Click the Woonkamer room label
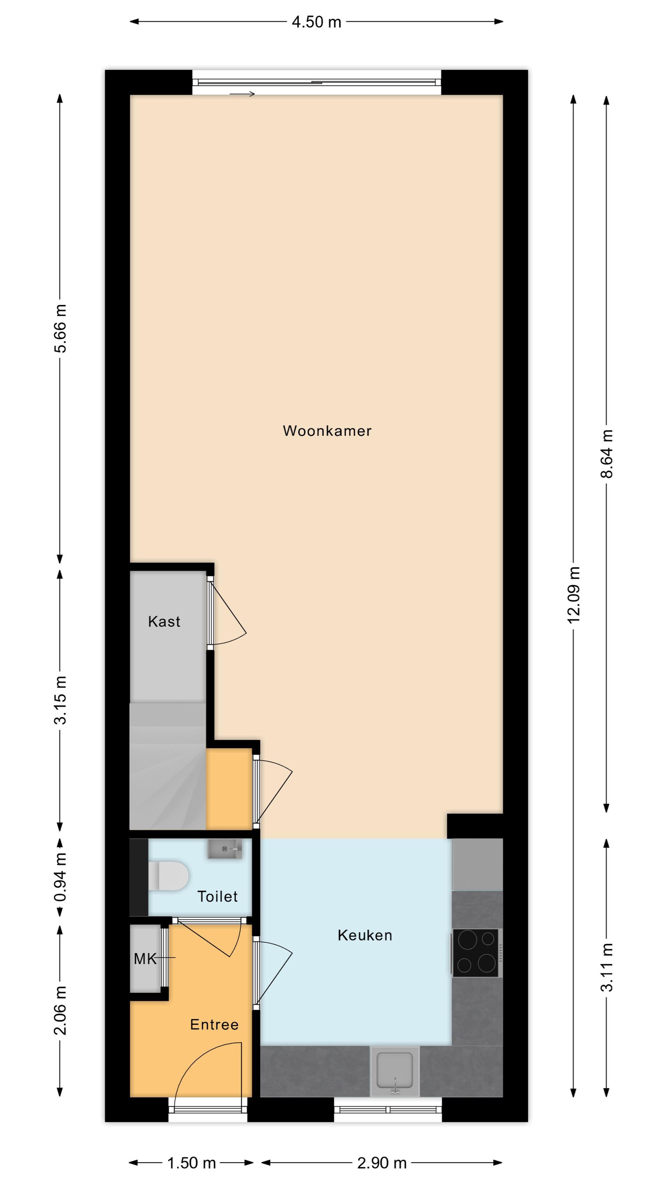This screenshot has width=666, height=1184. coord(327,431)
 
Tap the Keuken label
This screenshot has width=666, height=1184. coord(365,935)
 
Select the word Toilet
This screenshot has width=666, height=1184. coord(217,896)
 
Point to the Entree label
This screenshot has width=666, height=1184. coord(214,1024)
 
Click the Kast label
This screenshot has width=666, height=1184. coord(164,622)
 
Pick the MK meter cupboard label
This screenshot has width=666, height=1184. coord(145,958)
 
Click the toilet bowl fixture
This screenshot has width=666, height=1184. coord(168,876)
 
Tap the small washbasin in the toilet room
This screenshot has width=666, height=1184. coord(225,849)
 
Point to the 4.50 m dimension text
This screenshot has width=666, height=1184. coord(317,22)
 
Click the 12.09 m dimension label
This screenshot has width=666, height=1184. coord(573,595)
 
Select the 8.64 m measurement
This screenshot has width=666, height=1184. coord(607,453)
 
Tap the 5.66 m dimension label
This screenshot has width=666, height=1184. coord(60,328)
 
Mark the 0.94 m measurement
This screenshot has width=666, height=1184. coord(60,876)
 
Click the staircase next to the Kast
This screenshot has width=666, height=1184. coord(168,766)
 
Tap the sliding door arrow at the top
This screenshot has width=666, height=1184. coord(242,94)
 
